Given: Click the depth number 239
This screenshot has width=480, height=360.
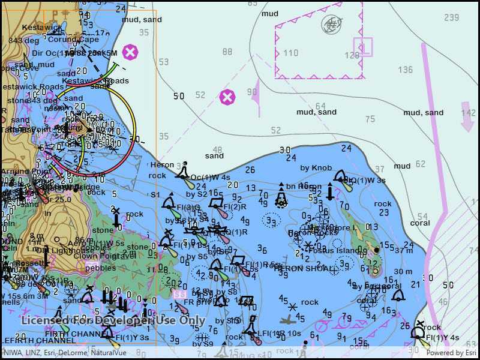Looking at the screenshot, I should pyautogui.click(x=452, y=17).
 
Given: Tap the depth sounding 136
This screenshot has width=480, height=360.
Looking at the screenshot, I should pyautogui.click(x=406, y=70).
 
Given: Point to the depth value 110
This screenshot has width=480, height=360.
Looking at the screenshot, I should pyautogui.click(x=291, y=53).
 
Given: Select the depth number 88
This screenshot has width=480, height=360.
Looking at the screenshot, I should pyautogui.click(x=227, y=52).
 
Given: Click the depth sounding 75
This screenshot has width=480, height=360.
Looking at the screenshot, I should pyautogui.click(x=370, y=119).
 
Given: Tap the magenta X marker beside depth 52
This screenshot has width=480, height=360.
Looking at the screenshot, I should pyautogui.click(x=227, y=97).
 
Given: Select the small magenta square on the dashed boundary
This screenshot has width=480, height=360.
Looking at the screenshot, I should pyautogui.click(x=362, y=46).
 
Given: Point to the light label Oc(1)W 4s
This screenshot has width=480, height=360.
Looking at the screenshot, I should pyautogui.click(x=210, y=177).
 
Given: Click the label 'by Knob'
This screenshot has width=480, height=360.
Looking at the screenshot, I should pyautogui.click(x=316, y=168).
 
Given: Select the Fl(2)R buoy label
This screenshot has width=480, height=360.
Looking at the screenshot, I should pyautogui.click(x=235, y=207).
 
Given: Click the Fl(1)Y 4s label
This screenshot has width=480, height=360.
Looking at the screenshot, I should pyautogui.click(x=443, y=338).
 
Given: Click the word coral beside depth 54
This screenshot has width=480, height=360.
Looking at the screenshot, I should pyautogui.click(x=420, y=223).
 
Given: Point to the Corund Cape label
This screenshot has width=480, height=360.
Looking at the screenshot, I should pyautogui.click(x=73, y=40).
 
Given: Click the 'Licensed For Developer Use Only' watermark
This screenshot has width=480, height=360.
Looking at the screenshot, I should pyautogui.click(x=112, y=320).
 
